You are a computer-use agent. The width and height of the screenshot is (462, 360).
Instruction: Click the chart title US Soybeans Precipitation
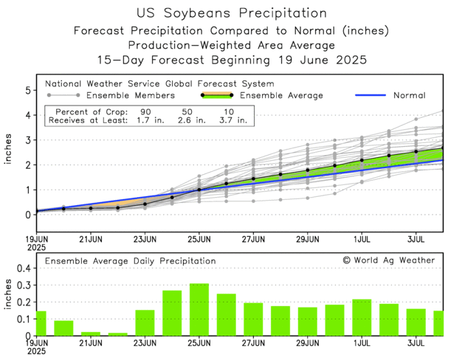(x=231, y=13)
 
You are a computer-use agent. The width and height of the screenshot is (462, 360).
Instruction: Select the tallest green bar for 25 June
(x=199, y=310)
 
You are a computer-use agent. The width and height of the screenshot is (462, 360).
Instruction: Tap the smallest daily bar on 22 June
(x=118, y=334)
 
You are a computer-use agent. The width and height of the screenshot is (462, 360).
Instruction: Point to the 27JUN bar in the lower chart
(x=253, y=319)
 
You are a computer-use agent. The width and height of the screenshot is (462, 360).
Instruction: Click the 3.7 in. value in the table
(x=229, y=120)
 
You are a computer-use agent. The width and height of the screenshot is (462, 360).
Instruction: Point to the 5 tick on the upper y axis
(x=27, y=90)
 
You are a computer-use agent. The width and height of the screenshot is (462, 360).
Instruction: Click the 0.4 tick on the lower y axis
(x=22, y=269)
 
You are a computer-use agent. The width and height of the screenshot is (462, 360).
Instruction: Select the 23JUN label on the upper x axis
(x=145, y=240)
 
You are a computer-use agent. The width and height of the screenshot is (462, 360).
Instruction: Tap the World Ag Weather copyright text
(x=388, y=260)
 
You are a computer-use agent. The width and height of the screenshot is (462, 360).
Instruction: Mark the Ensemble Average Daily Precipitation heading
(x=130, y=261)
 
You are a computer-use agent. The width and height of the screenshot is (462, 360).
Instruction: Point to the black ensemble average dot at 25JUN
(x=199, y=190)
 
